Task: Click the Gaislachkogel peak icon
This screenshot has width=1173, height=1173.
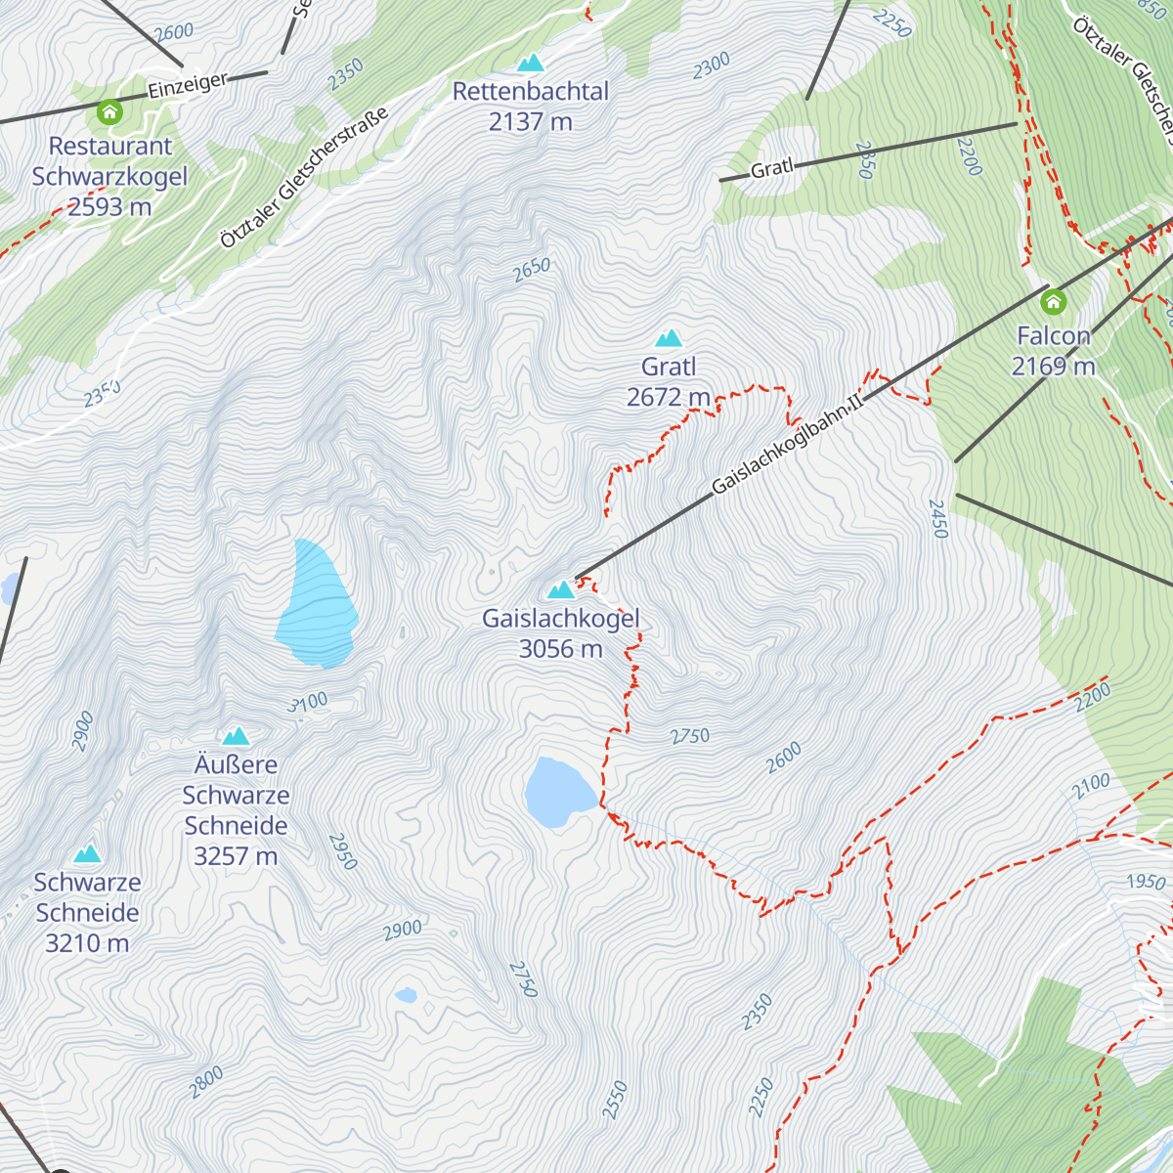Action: click(x=560, y=590)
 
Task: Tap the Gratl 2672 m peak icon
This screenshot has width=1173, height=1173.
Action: click(x=669, y=339)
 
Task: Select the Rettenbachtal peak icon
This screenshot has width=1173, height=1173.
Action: click(x=530, y=64)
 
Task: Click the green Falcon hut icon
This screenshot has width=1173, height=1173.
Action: click(x=1053, y=300)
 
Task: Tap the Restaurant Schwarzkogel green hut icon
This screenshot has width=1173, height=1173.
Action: click(x=109, y=112)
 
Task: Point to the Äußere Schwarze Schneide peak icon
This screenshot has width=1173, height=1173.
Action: click(x=236, y=737)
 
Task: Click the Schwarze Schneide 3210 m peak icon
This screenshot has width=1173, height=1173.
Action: click(x=88, y=854)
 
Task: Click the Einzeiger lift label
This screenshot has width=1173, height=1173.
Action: click(x=188, y=85)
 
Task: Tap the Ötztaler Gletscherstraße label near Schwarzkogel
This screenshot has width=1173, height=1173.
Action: click(x=304, y=177)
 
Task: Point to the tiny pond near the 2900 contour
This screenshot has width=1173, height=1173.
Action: click(x=406, y=995)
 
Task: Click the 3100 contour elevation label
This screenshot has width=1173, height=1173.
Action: click(x=309, y=703)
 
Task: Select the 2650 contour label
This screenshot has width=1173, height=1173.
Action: click(x=532, y=270)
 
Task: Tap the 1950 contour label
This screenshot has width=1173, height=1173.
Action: click(x=1146, y=882)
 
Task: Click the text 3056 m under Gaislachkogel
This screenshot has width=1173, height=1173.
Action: click(x=560, y=649)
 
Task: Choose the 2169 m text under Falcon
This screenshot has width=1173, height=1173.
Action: click(x=1053, y=367)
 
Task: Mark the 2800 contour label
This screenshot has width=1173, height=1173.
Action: click(x=206, y=1082)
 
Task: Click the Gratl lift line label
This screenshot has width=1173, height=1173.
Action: click(x=771, y=169)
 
